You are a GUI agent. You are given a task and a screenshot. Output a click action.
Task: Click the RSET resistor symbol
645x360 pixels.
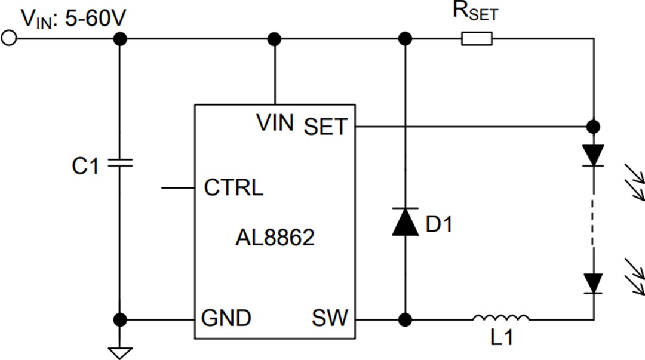477,39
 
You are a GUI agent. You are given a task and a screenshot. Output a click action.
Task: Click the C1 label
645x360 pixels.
85,167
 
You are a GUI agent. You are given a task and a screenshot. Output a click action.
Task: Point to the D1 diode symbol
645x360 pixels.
405,221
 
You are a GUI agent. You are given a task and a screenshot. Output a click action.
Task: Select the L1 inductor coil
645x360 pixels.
500,319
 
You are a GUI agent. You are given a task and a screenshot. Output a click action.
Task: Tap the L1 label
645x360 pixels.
500,339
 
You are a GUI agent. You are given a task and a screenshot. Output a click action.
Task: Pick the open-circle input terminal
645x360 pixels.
8,39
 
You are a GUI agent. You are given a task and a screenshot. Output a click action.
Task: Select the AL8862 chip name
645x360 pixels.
275,238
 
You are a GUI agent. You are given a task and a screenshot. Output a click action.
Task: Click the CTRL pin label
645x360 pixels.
234,188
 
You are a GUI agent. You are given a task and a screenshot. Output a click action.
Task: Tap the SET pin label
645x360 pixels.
325,127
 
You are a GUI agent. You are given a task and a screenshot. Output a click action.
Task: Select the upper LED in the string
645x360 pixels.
593,155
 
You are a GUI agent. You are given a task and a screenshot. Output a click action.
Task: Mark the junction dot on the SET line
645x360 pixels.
593,127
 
